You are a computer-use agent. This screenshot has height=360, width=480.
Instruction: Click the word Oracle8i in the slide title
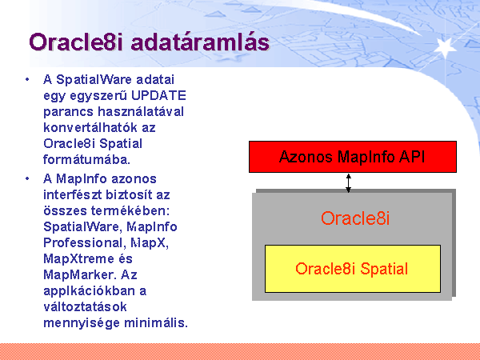pyautogui.click(x=76, y=42)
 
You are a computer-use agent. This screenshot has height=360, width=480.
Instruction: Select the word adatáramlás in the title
pyautogui.click(x=200, y=42)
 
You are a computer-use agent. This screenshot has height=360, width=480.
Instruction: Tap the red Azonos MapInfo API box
pyautogui.click(x=353, y=157)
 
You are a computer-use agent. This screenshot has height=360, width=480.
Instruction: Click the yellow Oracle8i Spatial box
pyautogui.click(x=353, y=269)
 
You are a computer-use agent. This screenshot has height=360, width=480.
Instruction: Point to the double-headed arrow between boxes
pyautogui.click(x=348, y=183)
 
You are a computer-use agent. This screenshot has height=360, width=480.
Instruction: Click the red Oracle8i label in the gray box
pyautogui.click(x=355, y=218)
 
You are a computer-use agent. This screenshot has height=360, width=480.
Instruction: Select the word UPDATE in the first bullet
pyautogui.click(x=158, y=95)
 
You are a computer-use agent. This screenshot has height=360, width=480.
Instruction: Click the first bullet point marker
pyautogui.click(x=27, y=79)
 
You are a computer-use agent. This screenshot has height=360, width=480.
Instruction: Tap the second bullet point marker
pyautogui.click(x=27, y=178)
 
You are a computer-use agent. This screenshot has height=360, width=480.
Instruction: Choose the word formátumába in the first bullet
pyautogui.click(x=87, y=159)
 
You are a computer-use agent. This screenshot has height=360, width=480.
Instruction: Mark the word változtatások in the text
pyautogui.click(x=85, y=306)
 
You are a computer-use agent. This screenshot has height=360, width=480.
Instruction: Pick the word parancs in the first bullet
pyautogui.click(x=68, y=111)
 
